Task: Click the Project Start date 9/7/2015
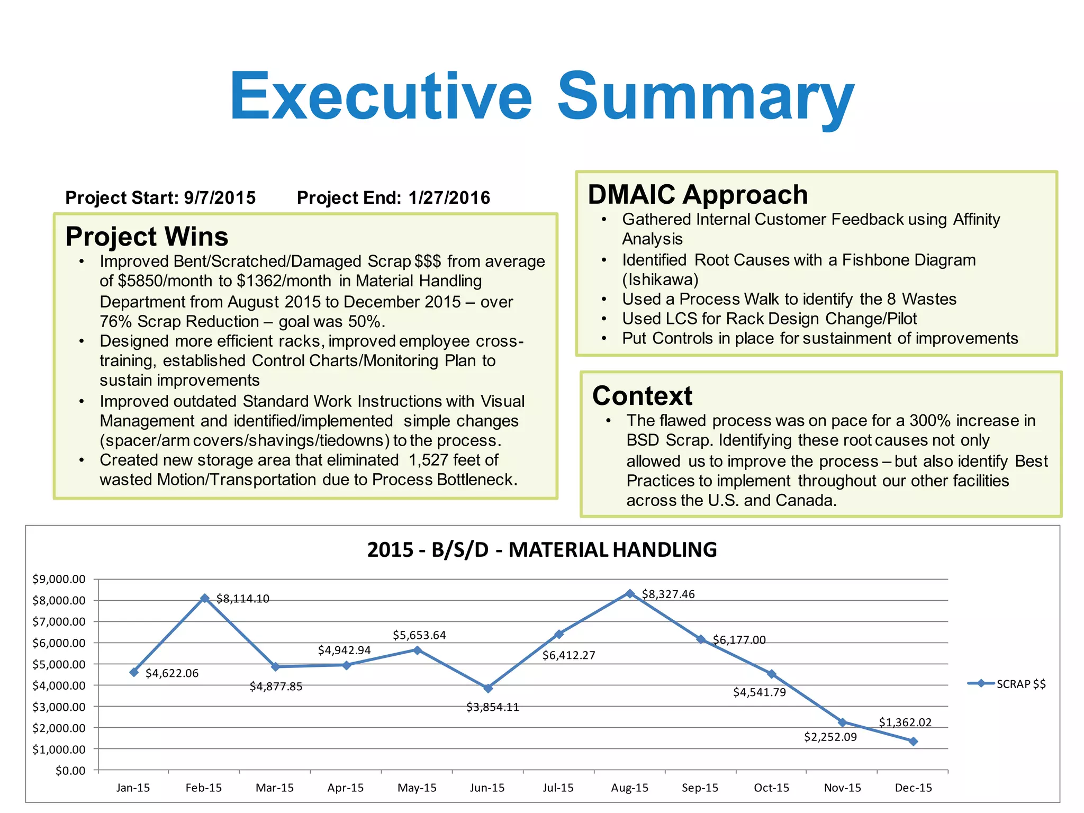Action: click(219, 198)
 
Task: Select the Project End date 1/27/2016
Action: click(449, 198)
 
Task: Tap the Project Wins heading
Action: click(147, 237)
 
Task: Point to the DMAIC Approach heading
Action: click(698, 195)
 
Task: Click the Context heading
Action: click(642, 396)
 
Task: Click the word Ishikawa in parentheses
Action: click(660, 279)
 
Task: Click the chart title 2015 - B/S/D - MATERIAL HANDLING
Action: click(541, 550)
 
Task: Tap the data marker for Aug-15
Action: click(630, 594)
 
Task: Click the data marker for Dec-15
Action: click(913, 742)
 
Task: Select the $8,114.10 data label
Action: click(242, 599)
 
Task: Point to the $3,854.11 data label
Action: click(492, 707)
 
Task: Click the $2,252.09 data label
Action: click(830, 737)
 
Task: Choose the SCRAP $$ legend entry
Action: click(1007, 684)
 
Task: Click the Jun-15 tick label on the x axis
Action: click(487, 788)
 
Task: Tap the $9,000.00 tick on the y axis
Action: click(59, 579)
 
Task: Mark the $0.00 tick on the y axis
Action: click(70, 771)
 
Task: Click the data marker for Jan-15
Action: click(134, 672)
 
